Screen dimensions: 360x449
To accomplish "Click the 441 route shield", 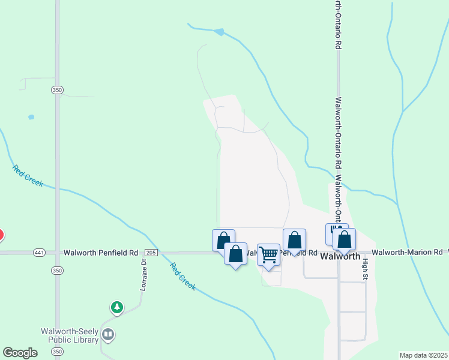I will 40,253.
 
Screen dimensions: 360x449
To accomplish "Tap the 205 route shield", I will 151,253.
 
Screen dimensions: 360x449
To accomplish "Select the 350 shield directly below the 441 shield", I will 57,271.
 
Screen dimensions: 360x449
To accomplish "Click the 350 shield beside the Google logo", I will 57,351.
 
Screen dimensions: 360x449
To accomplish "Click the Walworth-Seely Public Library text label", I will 69,335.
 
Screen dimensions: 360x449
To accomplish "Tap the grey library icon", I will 108,334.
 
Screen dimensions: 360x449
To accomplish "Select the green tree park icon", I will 116,308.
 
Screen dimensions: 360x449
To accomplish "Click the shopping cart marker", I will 268,254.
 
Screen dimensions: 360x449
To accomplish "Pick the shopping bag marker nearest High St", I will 344,239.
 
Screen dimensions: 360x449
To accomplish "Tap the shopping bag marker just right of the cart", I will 294,241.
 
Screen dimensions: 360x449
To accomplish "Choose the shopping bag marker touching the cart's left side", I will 235,254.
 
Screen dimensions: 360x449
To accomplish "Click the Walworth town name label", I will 340,256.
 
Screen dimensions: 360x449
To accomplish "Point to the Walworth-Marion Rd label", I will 406,253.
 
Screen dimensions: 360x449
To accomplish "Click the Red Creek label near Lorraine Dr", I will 182,277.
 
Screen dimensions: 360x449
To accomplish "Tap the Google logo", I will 20,353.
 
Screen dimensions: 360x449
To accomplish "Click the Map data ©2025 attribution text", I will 423,355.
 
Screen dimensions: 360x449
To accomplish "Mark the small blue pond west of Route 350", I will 31,117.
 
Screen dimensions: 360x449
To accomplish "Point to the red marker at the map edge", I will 1,235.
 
